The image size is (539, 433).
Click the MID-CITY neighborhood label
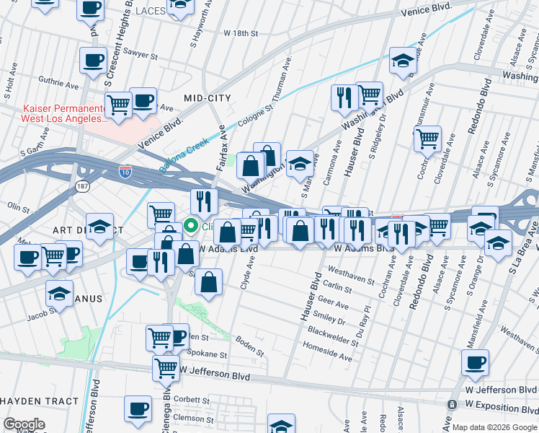(207, 97)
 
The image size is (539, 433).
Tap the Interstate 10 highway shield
(125, 172)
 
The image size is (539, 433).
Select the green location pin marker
(191, 227)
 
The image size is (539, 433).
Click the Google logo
(24, 424)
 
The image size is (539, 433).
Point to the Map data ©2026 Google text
(494, 427)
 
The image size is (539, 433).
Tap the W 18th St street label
(241, 33)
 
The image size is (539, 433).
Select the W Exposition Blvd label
(499, 404)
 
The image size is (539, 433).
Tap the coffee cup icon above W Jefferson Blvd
(475, 363)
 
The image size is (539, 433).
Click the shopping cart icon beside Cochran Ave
(428, 137)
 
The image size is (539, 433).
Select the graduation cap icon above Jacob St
(60, 294)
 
